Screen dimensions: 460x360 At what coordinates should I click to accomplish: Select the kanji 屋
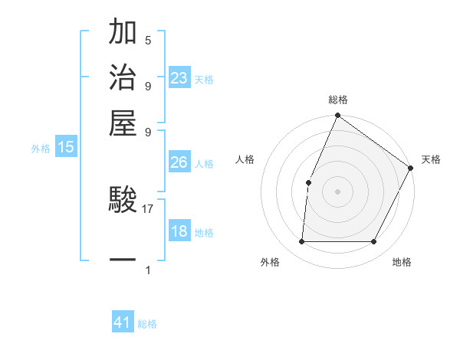click(123, 122)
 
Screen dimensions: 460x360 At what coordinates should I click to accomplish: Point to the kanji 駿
click(123, 201)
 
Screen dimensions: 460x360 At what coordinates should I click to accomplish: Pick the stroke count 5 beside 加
click(148, 41)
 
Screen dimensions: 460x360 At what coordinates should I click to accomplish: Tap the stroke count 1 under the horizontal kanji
click(148, 270)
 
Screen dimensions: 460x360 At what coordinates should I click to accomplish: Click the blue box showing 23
click(179, 78)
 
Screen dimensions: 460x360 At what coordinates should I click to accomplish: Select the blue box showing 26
click(179, 162)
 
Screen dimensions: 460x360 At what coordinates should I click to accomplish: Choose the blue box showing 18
click(179, 231)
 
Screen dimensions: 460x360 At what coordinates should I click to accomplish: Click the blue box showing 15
click(66, 148)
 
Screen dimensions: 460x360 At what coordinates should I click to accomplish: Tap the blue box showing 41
click(123, 322)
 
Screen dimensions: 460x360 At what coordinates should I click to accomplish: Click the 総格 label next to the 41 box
click(147, 324)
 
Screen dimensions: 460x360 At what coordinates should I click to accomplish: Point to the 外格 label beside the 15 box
click(41, 149)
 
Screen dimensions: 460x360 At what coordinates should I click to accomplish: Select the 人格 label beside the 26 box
click(204, 164)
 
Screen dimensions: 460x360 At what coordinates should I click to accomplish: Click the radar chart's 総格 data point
click(337, 116)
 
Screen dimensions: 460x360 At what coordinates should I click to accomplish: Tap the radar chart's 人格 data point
click(308, 182)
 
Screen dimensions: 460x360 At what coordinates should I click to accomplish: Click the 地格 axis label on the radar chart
click(402, 263)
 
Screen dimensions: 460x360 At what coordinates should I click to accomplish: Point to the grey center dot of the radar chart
click(337, 191)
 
